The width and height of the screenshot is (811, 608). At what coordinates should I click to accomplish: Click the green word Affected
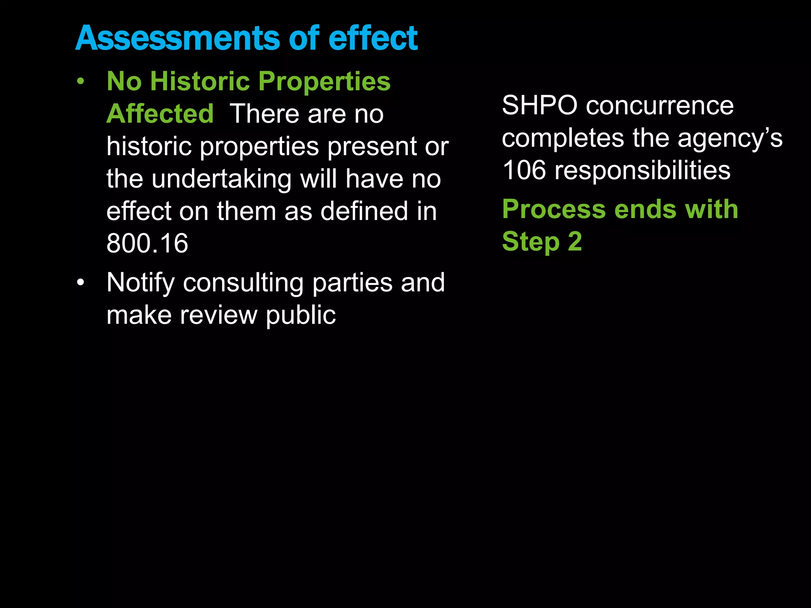[x=160, y=114]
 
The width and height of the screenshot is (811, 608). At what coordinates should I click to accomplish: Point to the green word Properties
[x=324, y=82]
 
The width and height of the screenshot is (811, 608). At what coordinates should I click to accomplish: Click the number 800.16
[x=147, y=243]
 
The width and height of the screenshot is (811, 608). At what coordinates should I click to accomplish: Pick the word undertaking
[x=221, y=179]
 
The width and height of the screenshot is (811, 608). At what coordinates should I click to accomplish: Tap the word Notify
[x=141, y=283]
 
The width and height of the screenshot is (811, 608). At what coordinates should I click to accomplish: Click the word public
[x=301, y=316]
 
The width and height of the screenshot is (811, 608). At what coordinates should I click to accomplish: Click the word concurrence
[x=660, y=106]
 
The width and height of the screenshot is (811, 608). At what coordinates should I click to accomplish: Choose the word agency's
[x=730, y=139]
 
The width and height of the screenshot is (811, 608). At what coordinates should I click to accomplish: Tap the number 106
[x=524, y=171]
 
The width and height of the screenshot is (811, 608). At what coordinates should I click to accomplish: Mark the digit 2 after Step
[x=575, y=241]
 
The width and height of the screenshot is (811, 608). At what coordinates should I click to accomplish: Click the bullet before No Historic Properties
[x=81, y=82]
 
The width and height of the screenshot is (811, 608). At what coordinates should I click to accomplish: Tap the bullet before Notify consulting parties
[x=81, y=283]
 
